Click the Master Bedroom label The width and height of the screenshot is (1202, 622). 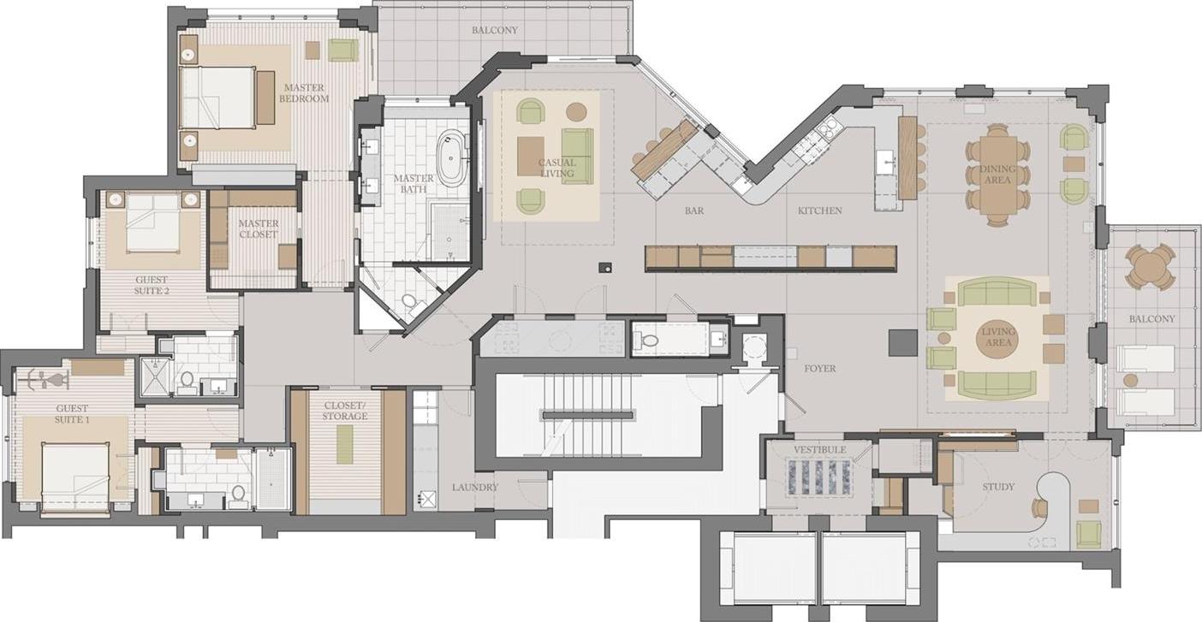click(x=304, y=92)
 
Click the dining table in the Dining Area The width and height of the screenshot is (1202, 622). click(x=998, y=175)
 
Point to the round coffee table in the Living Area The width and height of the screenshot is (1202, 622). click(x=998, y=338)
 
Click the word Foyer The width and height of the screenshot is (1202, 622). click(x=820, y=369)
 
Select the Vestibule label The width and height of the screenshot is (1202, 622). click(x=820, y=449)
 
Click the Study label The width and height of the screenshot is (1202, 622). click(x=998, y=487)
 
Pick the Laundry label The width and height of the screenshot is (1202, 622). click(x=475, y=488)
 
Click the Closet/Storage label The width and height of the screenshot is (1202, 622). click(x=345, y=411)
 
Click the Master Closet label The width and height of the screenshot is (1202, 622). click(x=258, y=229)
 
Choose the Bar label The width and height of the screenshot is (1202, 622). click(x=693, y=210)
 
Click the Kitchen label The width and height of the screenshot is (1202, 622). click(x=819, y=210)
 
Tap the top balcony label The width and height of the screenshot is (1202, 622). click(x=495, y=30)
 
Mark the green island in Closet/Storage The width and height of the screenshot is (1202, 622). click(x=345, y=445)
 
